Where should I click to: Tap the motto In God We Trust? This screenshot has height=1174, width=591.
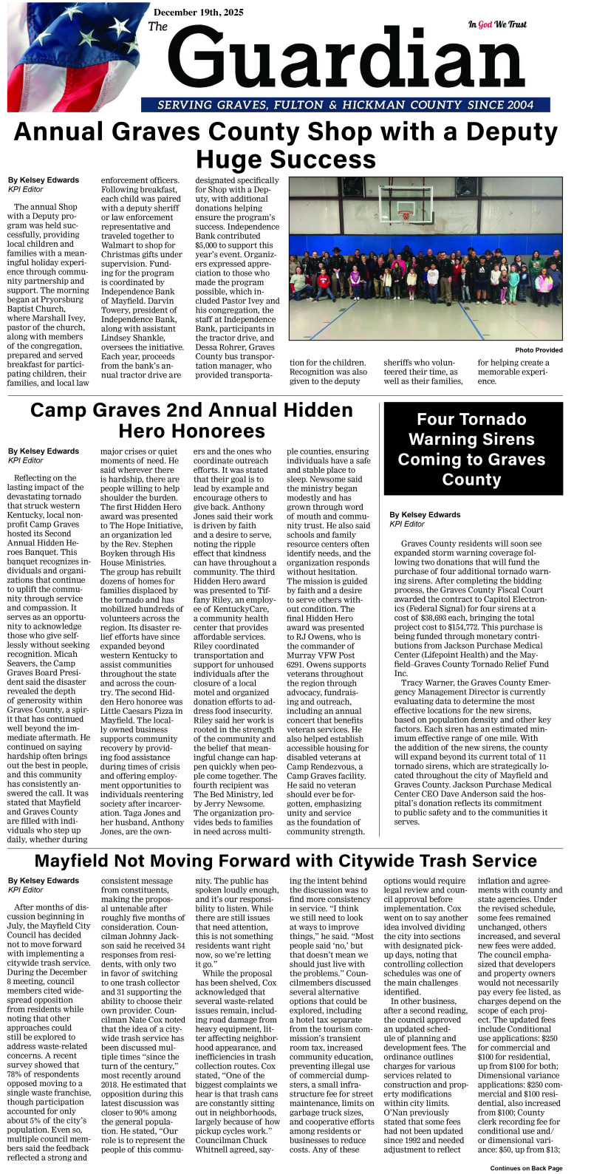click(497, 24)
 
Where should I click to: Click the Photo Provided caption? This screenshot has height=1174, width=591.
click(539, 349)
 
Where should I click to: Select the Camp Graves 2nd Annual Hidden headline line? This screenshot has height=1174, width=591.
click(191, 411)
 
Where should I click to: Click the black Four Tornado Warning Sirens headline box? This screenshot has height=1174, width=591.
click(471, 449)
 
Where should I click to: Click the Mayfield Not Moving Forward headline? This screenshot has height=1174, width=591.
click(285, 861)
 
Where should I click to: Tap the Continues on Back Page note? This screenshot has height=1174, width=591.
click(526, 1168)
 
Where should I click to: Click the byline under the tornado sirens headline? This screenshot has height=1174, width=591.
click(424, 514)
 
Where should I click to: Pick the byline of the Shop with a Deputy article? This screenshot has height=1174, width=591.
click(43, 180)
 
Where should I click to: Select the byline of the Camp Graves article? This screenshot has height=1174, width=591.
click(43, 451)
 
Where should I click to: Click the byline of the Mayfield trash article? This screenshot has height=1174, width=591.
click(43, 881)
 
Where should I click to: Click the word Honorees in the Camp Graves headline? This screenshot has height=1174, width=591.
click(191, 431)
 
